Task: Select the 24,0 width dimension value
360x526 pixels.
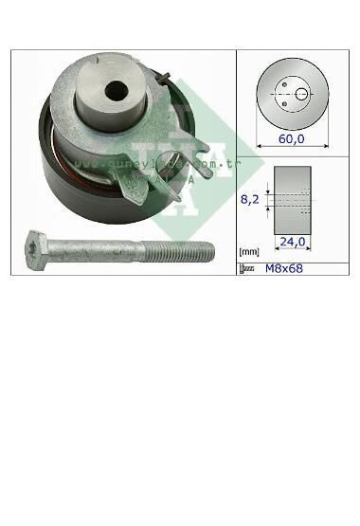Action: [x=294, y=242]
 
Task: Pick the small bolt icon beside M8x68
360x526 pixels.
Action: [x=248, y=269]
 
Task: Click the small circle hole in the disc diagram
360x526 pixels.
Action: [x=301, y=93]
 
